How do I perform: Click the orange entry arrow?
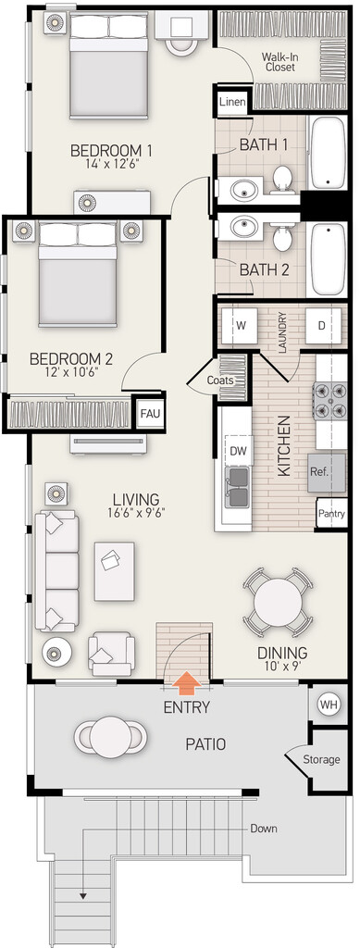189,683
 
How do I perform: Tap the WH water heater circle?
329,705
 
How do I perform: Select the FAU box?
149,414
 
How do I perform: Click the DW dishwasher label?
239,451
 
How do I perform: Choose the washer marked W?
241,325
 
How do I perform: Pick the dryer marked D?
321,325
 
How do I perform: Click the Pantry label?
331,514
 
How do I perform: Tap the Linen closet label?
232,102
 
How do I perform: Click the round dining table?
278,602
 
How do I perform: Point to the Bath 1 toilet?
282,180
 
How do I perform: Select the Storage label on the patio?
321,759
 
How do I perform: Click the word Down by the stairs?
264,829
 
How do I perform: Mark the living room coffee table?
114,571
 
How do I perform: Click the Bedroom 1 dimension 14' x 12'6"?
110,163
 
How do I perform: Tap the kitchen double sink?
236,487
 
